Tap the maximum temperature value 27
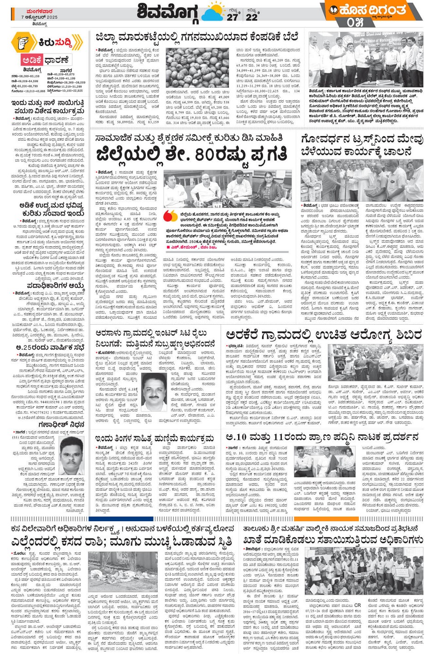pos(233,17)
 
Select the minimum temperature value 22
pos(251,17)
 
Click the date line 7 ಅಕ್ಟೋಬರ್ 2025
pos(39,17)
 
